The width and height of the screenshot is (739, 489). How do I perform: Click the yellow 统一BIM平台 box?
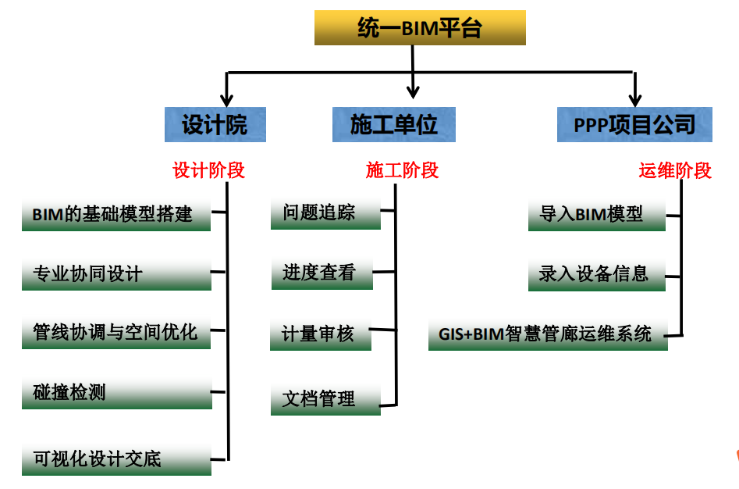(420, 28)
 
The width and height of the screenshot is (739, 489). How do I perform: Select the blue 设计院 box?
(215, 125)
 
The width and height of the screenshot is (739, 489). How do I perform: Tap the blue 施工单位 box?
(393, 125)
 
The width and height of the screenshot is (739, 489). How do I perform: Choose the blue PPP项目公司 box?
(634, 125)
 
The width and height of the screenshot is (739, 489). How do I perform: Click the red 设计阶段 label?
(209, 170)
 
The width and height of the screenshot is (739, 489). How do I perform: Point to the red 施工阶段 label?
(402, 170)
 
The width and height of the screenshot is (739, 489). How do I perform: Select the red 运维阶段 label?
(675, 170)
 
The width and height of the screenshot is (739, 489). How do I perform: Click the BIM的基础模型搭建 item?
(115, 215)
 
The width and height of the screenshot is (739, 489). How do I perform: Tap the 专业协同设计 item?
(115, 274)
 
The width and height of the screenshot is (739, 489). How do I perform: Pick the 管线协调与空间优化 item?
(115, 334)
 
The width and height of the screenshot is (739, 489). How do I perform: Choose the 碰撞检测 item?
(115, 393)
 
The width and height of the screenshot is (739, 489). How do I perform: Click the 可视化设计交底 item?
(115, 459)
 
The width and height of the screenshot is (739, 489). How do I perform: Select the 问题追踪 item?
(325, 213)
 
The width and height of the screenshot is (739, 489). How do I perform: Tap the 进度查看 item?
(321, 273)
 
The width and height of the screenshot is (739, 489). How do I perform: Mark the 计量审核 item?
(320, 334)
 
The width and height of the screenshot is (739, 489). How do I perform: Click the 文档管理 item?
(325, 399)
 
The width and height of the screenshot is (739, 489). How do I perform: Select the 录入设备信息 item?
(596, 274)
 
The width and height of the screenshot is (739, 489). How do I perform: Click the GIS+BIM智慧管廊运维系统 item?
(548, 334)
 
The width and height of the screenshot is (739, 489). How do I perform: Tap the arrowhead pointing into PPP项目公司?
(635, 99)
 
